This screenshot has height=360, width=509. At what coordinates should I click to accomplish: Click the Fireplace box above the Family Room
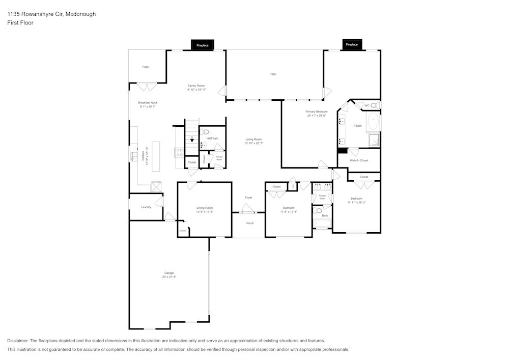coord(203,45)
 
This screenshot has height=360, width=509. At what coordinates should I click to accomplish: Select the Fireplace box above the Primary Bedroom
coord(352,45)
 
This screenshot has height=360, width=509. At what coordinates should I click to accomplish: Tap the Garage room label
coord(169,273)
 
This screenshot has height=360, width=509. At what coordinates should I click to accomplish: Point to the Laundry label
coord(146,207)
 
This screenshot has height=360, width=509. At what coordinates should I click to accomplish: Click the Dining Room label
coord(205,208)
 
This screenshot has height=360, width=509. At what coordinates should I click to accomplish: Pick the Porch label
coord(250,223)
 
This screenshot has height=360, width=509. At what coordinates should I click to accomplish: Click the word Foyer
coord(248,198)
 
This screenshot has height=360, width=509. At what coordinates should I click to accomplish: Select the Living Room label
coord(253,140)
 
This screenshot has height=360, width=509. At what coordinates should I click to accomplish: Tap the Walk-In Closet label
coord(358,160)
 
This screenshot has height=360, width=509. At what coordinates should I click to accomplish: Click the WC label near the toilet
coord(366,105)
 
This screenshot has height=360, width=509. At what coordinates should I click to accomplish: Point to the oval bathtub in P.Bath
coord(373,123)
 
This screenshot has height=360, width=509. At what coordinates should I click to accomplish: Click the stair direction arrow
coord(192,139)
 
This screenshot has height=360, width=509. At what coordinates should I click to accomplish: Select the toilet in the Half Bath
coord(206,132)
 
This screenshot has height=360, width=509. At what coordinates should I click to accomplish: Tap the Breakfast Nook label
coord(148,103)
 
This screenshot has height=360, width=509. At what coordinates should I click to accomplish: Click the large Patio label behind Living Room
coord(273,74)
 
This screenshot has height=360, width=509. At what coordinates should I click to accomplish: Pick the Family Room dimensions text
coord(196,90)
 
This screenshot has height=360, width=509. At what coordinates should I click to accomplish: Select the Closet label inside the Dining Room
coord(183,231)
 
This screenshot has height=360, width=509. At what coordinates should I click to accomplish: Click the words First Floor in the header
coord(20,23)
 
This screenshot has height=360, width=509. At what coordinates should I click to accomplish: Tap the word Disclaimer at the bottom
coord(18,341)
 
